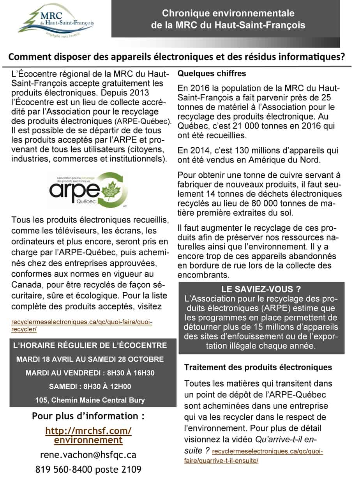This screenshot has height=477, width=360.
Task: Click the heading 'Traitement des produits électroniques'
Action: [258, 367]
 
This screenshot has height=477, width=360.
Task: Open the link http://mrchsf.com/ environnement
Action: [88, 435]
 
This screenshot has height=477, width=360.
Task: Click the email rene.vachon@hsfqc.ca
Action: [88, 454]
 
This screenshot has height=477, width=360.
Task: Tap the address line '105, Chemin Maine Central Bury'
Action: [90, 400]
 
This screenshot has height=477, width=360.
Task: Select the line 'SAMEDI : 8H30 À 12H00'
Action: [90, 387]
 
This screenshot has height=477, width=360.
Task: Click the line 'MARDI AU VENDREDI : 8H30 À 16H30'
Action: [90, 373]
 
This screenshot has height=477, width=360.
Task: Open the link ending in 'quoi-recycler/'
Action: [82, 326]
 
